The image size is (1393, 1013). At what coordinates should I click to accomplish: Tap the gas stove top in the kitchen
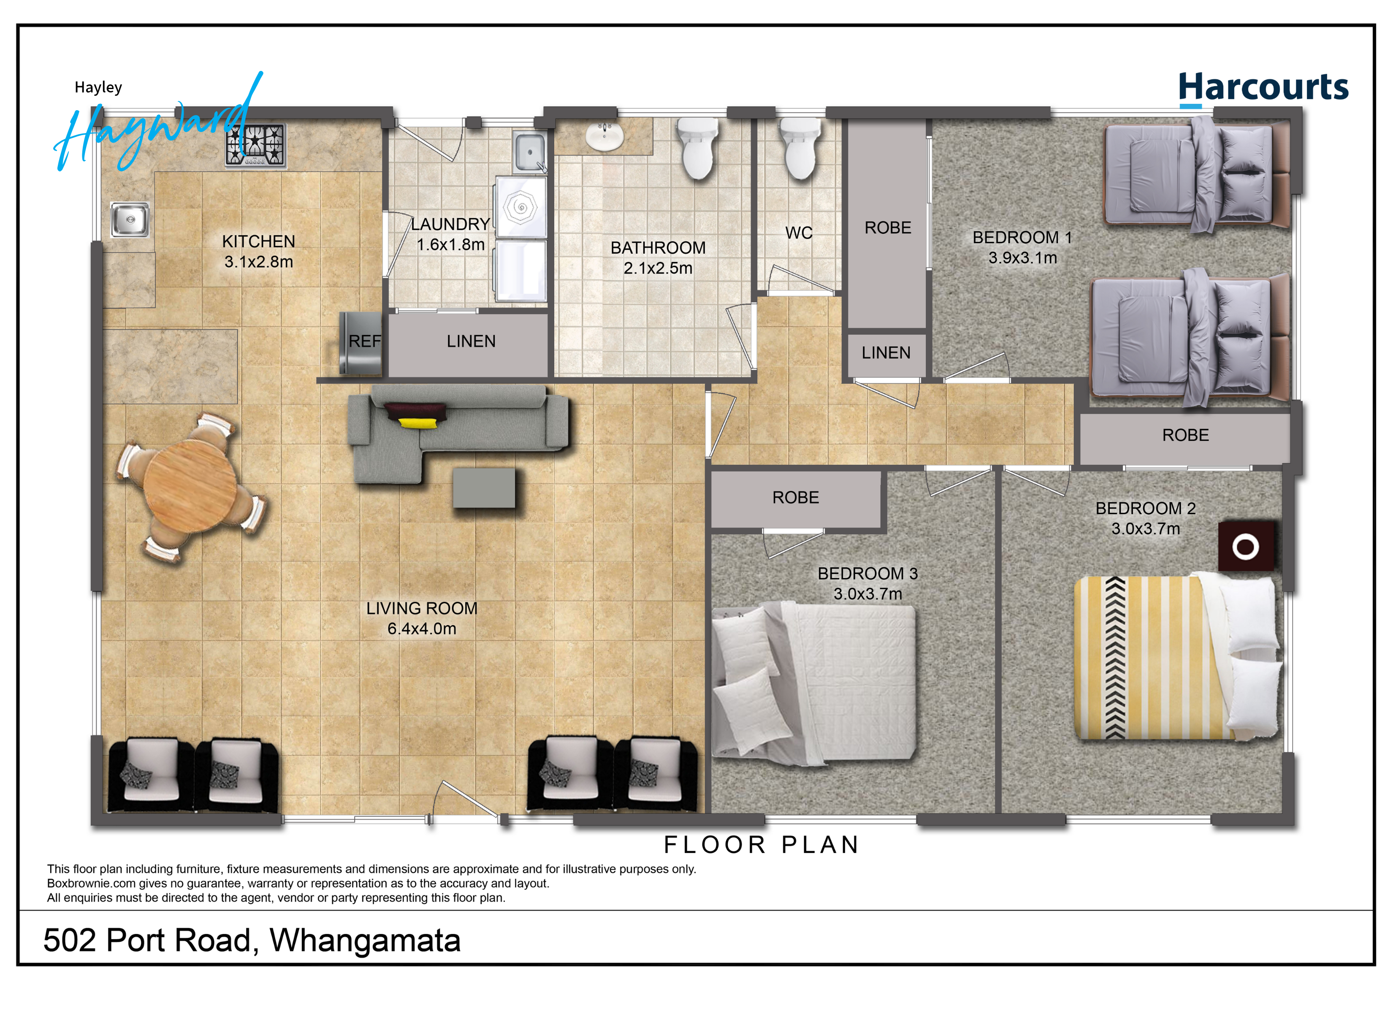click(255, 145)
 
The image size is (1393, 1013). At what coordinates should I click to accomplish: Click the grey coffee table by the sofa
click(484, 488)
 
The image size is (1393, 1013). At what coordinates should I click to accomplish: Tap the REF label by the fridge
click(365, 341)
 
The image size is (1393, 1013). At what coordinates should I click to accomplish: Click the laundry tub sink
click(529, 151)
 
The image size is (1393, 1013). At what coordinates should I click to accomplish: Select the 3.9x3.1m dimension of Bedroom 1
click(1023, 258)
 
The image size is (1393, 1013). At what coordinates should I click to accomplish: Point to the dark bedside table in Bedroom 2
click(1246, 546)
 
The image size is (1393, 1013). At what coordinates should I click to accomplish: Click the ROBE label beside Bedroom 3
click(795, 498)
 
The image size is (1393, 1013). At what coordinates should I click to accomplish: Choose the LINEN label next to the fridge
click(471, 341)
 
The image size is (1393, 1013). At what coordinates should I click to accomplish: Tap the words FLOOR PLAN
click(761, 845)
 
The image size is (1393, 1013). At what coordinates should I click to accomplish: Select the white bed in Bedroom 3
click(814, 683)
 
